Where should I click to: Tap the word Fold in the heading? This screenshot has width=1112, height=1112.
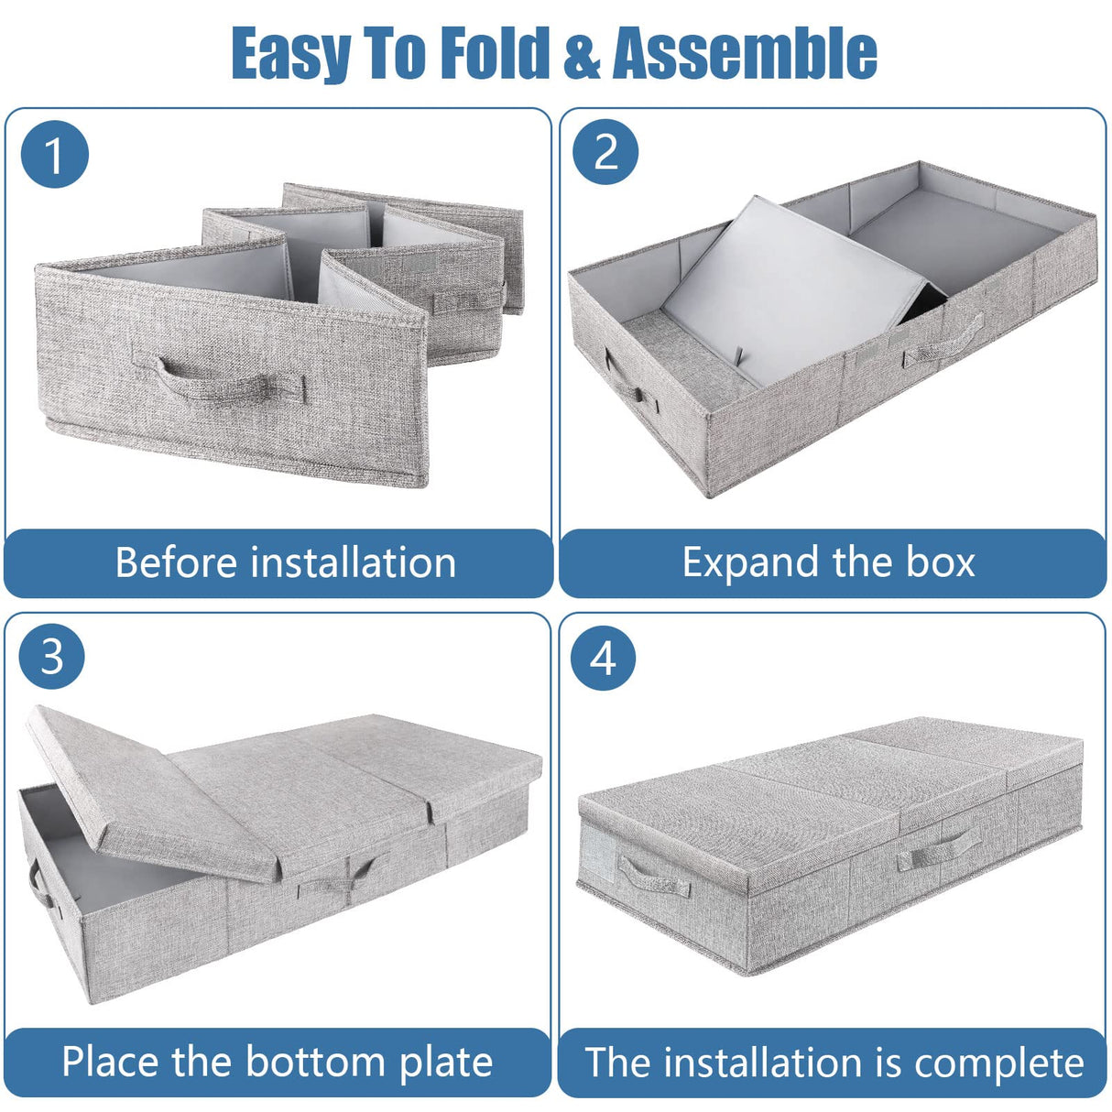(x=494, y=53)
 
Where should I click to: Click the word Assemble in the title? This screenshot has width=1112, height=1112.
(x=745, y=53)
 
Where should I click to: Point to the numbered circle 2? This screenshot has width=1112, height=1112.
(x=605, y=151)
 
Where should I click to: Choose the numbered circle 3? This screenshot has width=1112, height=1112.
(x=52, y=656)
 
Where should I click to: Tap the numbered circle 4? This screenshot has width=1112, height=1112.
(x=603, y=658)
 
